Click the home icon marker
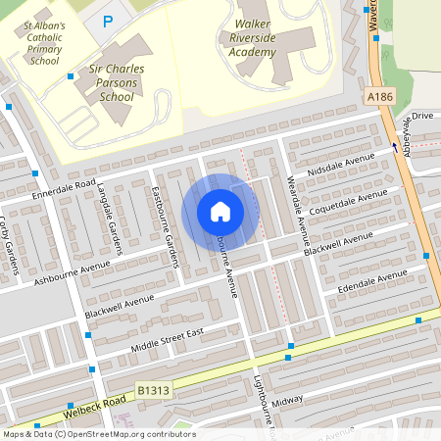click(x=220, y=211)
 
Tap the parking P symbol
click(x=108, y=21)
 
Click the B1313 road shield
click(x=152, y=390)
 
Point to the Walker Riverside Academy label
click(x=254, y=36)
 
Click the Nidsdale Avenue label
click(x=341, y=166)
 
